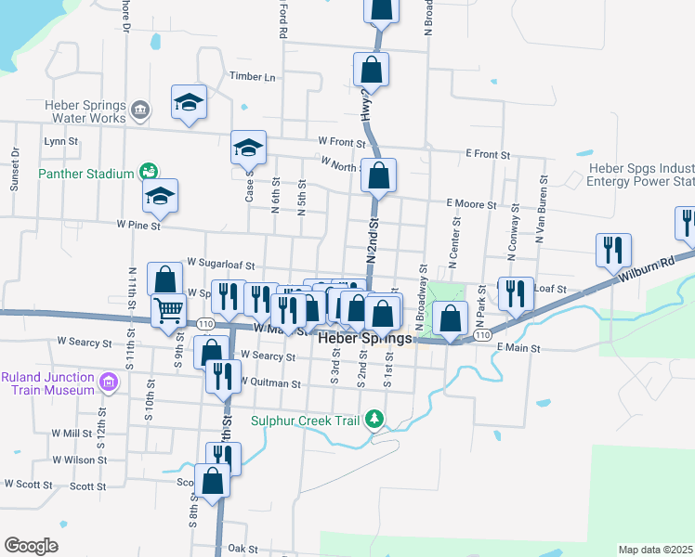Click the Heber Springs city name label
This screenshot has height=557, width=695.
(365, 339)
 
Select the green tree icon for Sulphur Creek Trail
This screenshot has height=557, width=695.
(375, 420)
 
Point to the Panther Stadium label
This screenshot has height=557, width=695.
(86, 173)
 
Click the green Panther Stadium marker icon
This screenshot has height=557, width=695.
(147, 172)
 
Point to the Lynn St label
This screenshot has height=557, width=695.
(60, 141)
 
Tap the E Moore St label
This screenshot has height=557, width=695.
(474, 202)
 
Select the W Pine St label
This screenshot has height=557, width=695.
(138, 225)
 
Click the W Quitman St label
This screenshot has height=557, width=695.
(270, 382)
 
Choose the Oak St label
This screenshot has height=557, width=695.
(242, 549)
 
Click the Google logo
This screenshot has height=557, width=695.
(31, 546)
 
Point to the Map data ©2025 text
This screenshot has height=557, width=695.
(655, 550)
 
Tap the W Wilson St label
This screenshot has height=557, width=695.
(80, 460)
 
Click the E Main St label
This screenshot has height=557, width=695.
(518, 348)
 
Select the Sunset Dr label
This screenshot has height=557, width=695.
(15, 169)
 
